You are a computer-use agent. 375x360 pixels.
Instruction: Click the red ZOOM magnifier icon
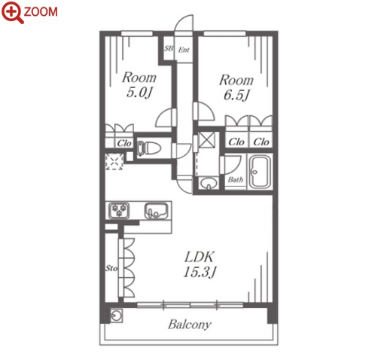pyautogui.click(x=13, y=12)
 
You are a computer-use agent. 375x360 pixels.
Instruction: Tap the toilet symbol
pyautogui.click(x=148, y=148)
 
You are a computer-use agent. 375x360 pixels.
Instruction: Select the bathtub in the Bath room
pyautogui.click(x=261, y=172)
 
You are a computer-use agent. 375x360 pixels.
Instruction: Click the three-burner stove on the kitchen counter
pyautogui.click(x=119, y=211)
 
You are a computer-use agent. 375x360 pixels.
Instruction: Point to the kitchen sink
pyautogui.click(x=156, y=211)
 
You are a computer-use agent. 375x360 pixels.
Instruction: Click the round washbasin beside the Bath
pyautogui.click(x=209, y=182)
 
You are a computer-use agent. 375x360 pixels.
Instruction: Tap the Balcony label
pyautogui.click(x=190, y=325)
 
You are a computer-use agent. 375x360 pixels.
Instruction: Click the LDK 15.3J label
pyautogui.click(x=200, y=264)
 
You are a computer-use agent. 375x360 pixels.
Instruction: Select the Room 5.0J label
pyautogui.click(x=139, y=85)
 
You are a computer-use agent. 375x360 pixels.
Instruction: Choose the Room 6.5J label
pyautogui.click(x=236, y=87)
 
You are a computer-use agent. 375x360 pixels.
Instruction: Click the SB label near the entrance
pyautogui.click(x=169, y=48)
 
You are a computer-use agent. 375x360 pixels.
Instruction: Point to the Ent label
pyautogui.click(x=184, y=50)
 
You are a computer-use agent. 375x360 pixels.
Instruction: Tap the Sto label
pyautogui.click(x=111, y=268)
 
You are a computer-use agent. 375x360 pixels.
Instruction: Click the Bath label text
pyautogui.click(x=236, y=180)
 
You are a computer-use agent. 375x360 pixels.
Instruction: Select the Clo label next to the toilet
pyautogui.click(x=124, y=143)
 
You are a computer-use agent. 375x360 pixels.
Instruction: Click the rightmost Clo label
pyautogui.click(x=261, y=142)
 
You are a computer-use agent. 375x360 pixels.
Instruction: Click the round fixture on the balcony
pyautogui.click(x=117, y=316)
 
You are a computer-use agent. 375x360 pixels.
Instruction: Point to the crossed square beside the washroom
pyautogui.click(x=207, y=140)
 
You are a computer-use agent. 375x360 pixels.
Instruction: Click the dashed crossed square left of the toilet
pyautogui.click(x=114, y=162)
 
